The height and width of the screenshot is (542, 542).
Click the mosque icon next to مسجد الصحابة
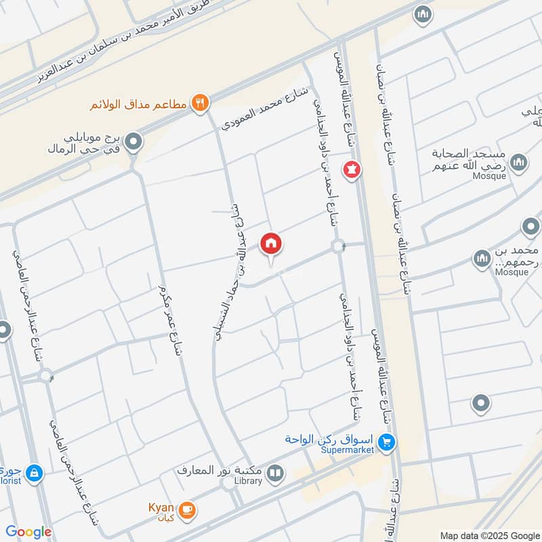pyautogui.click(x=518, y=162)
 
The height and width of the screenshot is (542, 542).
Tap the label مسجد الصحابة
pyautogui.click(x=470, y=159)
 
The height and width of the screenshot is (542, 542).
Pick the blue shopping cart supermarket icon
pyautogui.click(x=387, y=442)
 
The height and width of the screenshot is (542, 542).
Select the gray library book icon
pyautogui.click(x=275, y=473)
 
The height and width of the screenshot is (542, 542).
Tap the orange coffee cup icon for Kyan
pyautogui.click(x=188, y=511)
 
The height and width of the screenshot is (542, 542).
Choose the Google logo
pyautogui.click(x=28, y=532)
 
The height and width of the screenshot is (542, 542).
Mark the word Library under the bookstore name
pyautogui.click(x=248, y=481)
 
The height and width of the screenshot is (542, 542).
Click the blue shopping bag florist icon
pyautogui.click(x=35, y=473)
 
